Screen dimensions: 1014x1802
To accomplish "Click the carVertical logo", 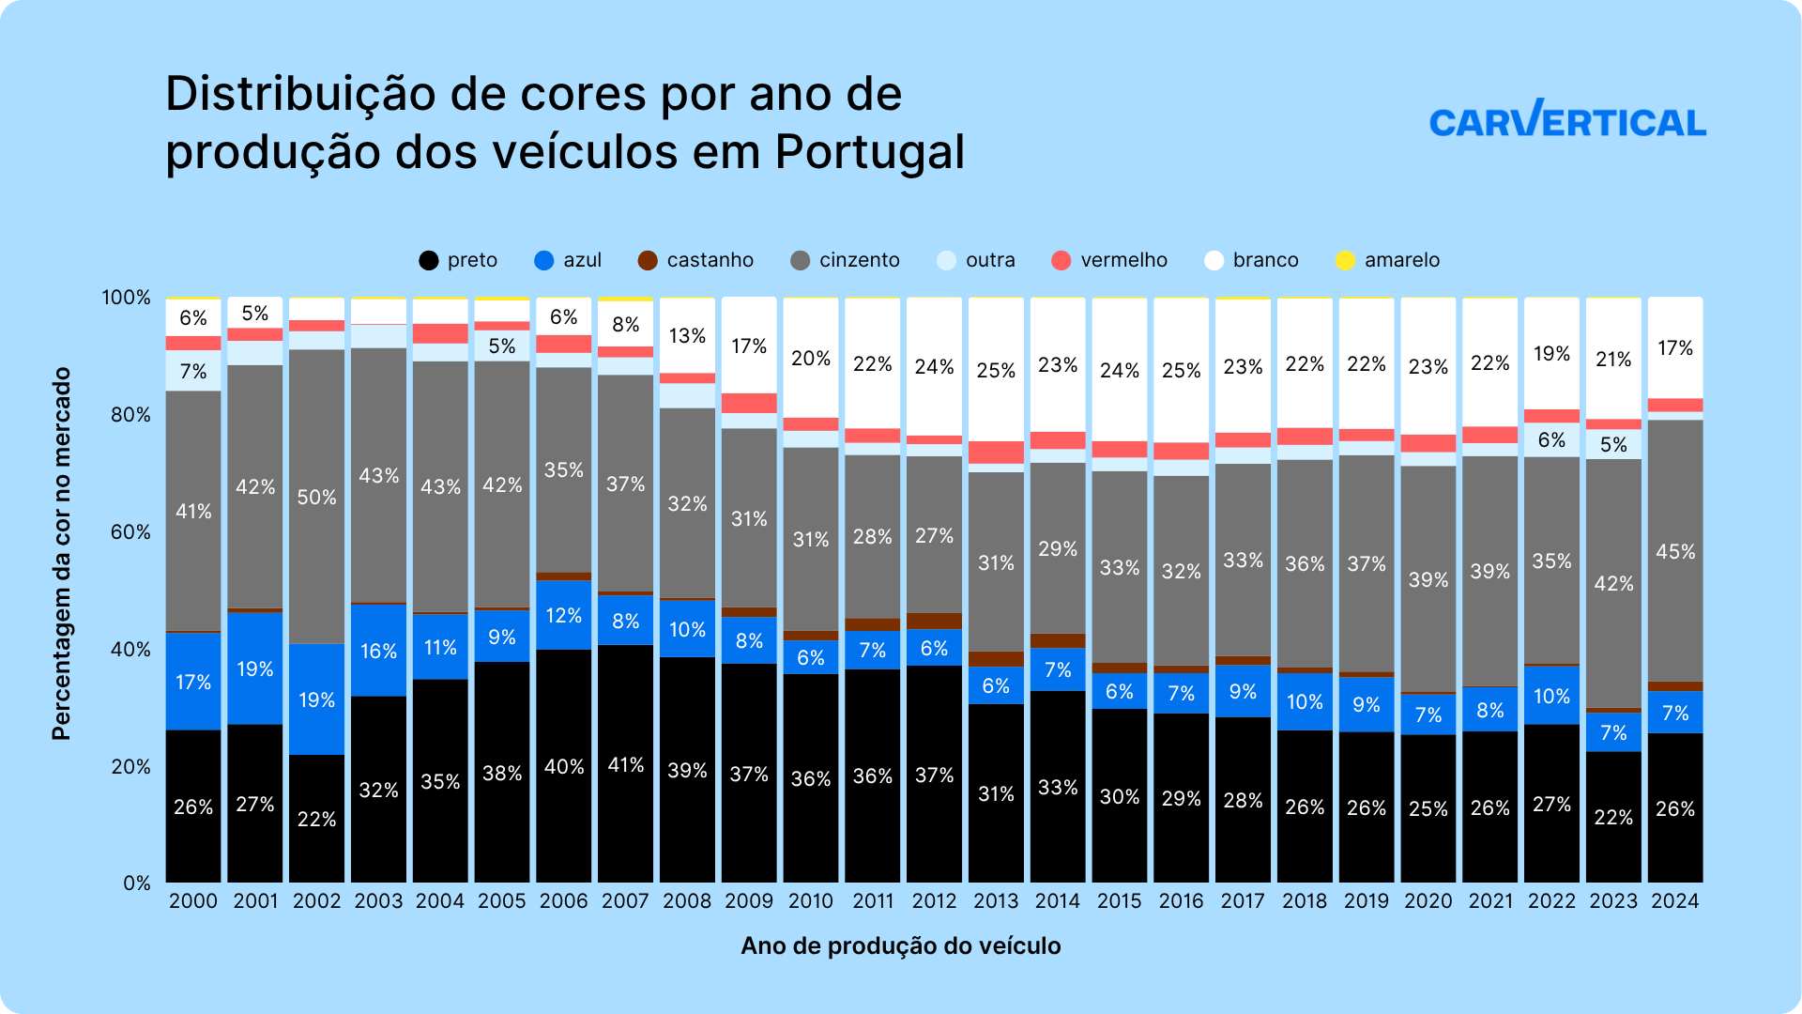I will pos(1567,120).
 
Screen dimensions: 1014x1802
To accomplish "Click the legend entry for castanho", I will pos(695,260).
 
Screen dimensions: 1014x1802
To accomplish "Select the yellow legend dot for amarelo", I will pos(1345,260).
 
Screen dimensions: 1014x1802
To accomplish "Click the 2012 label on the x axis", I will pos(934,900).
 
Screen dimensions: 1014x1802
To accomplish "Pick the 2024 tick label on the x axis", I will pos(1674,900).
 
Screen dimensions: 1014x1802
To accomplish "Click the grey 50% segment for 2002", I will pos(316,496).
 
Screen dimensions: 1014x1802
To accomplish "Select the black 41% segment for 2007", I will pos(625,763).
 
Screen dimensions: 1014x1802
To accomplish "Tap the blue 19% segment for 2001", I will pos(254,668).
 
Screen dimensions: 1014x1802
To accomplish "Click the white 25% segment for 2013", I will pos(996,369).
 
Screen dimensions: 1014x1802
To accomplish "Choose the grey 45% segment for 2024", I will pos(1674,550).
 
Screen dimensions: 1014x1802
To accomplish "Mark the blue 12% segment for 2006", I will pos(563,615).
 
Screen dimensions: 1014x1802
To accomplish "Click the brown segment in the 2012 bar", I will pos(934,621).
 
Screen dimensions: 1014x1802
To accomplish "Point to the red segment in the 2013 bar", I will pos(996,453).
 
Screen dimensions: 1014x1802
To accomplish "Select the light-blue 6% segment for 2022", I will pos(1551,439).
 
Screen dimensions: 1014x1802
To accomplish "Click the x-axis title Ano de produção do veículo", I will pos(900,945).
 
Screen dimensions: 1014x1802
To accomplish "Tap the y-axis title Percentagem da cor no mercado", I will pos(62,553).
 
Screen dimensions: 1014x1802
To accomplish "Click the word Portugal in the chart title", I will pos(869,152).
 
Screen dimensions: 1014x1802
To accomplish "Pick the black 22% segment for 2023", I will pos(1612,816).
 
